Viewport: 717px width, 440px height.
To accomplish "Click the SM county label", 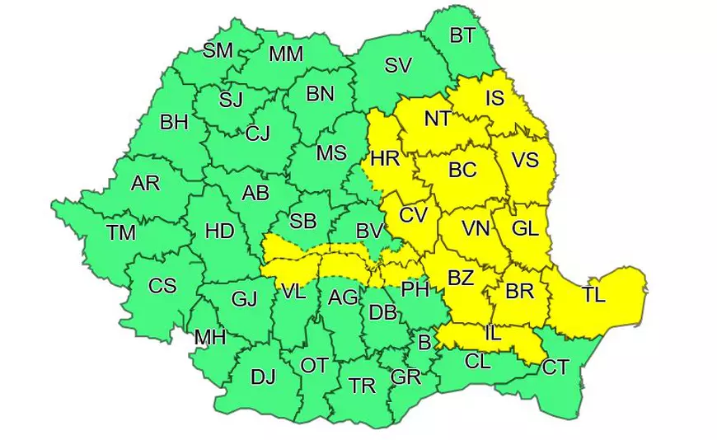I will coord(218,50).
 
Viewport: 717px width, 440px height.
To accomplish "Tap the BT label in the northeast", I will coord(462,35).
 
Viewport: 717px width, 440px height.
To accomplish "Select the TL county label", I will coord(593,295).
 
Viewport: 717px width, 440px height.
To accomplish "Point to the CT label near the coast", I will coord(555,367).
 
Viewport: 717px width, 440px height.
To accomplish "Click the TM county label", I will coord(121,232).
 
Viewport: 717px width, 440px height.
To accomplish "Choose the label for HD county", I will coord(219,232).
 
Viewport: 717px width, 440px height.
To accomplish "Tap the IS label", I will coord(494,99).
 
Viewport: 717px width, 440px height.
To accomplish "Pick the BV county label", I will coord(370,232).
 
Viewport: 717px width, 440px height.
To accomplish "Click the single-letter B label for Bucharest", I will coord(425,341).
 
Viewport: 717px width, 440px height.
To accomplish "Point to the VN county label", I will coord(476,228).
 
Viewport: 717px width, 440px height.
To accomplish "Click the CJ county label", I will coord(258,133).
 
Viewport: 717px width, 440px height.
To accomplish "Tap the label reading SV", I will coord(398,66).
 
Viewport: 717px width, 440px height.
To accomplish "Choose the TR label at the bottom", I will coord(363,386).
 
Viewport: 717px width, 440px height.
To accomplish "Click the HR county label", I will coord(385,159).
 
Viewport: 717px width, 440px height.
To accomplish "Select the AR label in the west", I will coord(145,183).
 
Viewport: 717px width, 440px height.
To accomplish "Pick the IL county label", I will coord(493,335).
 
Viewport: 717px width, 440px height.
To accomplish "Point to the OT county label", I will coord(314,365).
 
